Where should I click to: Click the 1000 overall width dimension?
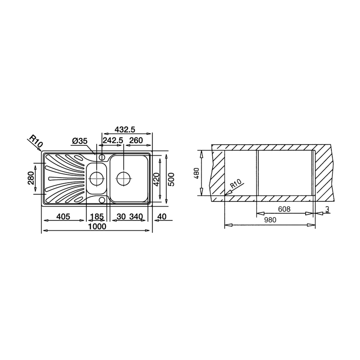point(97,226)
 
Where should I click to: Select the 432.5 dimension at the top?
point(125,129)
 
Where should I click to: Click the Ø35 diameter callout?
point(79,141)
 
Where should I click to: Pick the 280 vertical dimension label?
point(31,178)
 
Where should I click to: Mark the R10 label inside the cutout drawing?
point(236,185)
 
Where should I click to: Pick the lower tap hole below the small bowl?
point(102,199)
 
